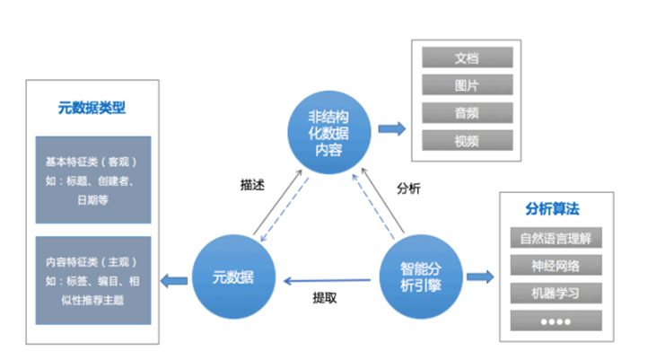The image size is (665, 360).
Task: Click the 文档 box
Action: coord(466,58)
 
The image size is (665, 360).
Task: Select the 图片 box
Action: coord(466,85)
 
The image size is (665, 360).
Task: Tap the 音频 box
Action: coord(466,113)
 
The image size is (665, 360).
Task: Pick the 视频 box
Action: coord(466,141)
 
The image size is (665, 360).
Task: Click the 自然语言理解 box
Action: coord(554,239)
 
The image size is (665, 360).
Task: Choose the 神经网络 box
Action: coord(554,266)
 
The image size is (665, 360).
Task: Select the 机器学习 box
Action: coord(554,294)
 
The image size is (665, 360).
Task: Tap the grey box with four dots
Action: coord(554,320)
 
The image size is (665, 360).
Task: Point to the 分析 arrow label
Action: coord(408,189)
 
